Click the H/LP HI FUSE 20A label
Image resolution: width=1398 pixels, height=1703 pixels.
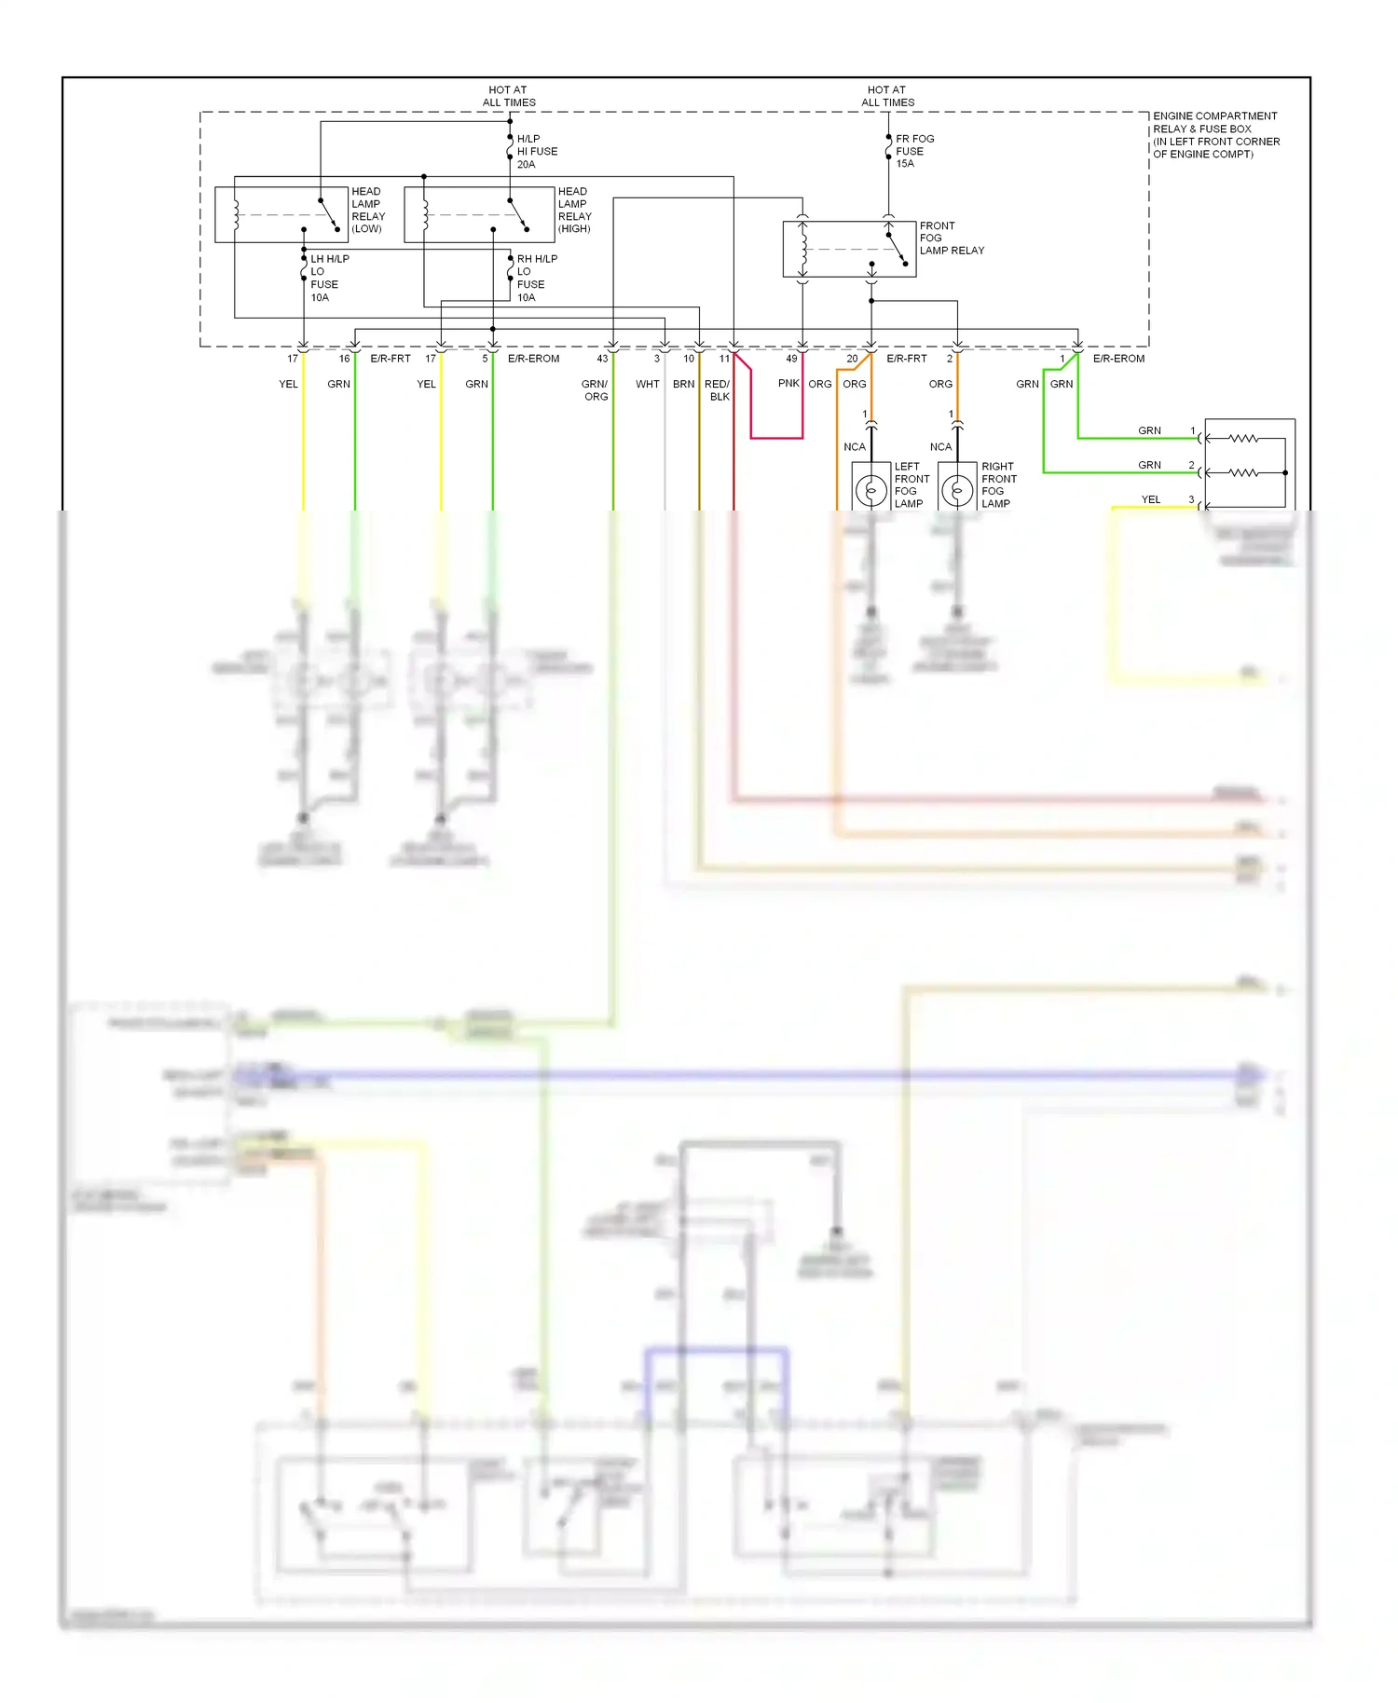[537, 151]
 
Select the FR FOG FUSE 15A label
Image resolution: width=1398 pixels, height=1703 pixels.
[913, 151]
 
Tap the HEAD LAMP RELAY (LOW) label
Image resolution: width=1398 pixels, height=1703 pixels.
[367, 210]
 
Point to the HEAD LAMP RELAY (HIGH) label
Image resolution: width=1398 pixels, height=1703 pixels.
[574, 210]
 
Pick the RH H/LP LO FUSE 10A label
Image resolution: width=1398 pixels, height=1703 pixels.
[536, 278]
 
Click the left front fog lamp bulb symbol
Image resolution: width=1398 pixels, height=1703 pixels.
[871, 490]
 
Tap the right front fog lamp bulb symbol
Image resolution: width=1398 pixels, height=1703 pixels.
[957, 490]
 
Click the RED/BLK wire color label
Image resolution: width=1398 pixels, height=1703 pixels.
[718, 390]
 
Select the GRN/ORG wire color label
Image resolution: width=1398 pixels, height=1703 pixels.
[595, 390]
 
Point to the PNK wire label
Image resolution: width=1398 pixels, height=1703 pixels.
[788, 384]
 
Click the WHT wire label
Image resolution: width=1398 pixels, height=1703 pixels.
[647, 384]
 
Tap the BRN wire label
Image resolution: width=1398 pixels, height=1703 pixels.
[683, 384]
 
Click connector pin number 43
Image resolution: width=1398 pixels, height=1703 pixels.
[602, 359]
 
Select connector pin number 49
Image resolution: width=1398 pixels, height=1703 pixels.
[791, 359]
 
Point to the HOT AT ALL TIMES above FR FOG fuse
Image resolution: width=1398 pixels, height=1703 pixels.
[887, 96]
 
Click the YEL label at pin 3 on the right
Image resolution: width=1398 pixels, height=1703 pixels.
[1151, 499]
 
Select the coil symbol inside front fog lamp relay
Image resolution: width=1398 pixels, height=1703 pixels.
[803, 249]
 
